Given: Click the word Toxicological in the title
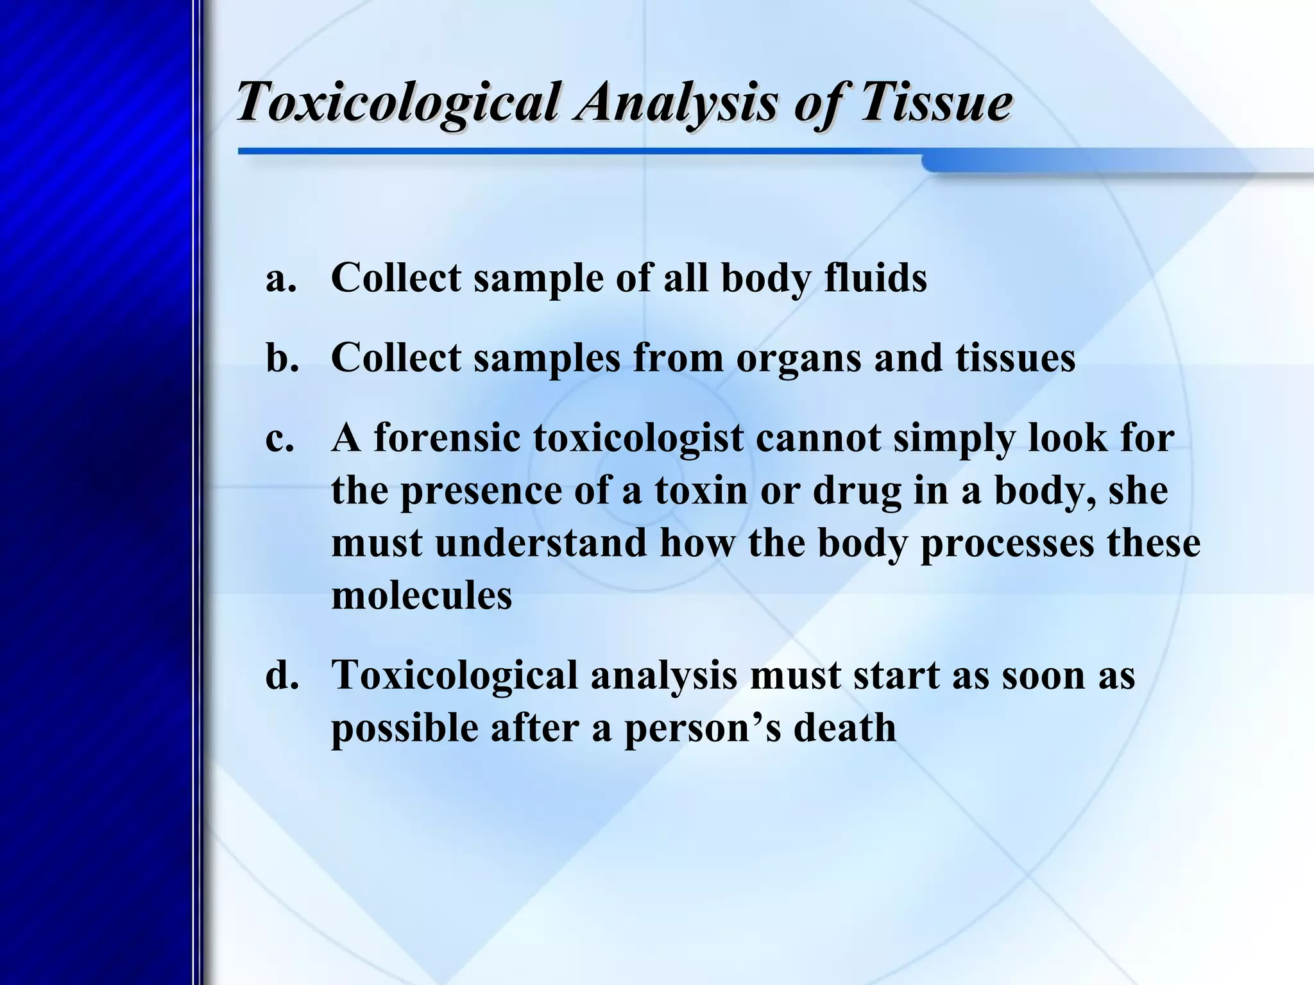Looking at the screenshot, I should [x=398, y=103].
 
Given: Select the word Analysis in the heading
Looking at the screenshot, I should [x=676, y=103].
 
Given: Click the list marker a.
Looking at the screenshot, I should [x=282, y=278].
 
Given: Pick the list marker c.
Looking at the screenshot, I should [x=280, y=439].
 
